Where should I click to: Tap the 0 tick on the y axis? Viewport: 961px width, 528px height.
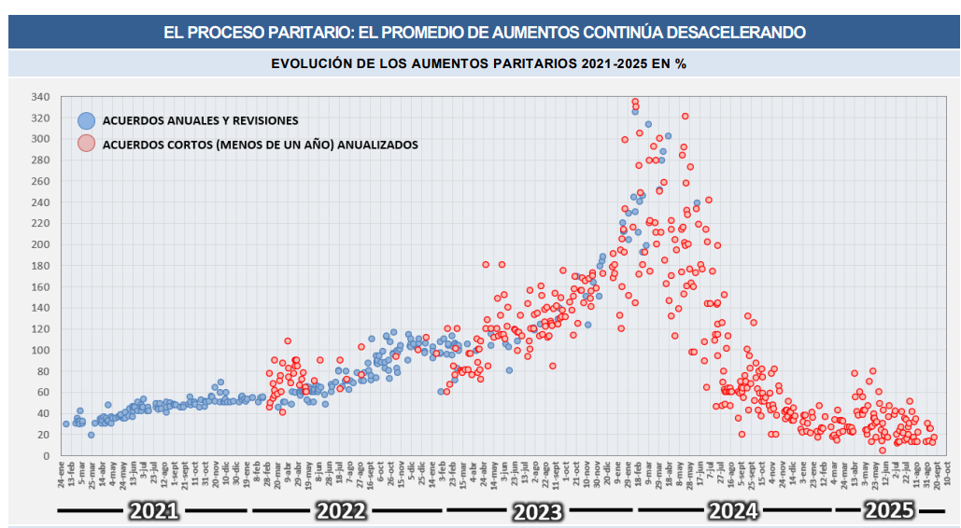click(x=46, y=456)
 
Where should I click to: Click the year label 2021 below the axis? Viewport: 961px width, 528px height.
click(x=155, y=510)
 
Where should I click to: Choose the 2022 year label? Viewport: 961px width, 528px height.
click(x=347, y=510)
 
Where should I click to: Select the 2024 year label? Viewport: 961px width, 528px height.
click(x=732, y=510)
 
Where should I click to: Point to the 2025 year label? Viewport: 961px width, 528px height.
click(x=888, y=510)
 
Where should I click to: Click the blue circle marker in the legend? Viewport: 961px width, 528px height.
click(x=87, y=119)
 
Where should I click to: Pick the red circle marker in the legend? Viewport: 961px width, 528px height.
click(x=87, y=144)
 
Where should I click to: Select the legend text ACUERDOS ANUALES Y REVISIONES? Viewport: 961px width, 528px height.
click(x=200, y=120)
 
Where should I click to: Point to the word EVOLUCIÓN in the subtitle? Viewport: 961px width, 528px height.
click(x=316, y=63)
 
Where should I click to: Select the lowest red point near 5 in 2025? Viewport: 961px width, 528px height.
click(x=882, y=451)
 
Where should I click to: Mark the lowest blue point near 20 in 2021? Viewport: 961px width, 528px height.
click(x=91, y=435)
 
